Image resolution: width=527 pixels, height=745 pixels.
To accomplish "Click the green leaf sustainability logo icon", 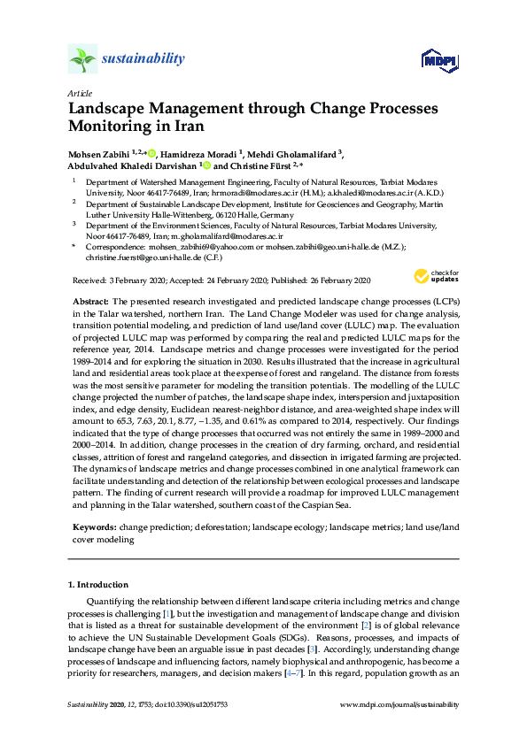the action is (83, 60).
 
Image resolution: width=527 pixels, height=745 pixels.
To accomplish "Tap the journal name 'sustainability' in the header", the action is (143, 59).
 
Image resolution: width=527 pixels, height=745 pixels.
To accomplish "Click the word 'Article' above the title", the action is (79, 92).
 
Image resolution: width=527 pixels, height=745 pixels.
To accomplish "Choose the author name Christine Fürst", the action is (264, 165).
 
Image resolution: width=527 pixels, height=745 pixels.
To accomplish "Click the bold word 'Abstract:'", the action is (90, 303).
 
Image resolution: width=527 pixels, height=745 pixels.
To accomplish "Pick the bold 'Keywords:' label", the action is (94, 526).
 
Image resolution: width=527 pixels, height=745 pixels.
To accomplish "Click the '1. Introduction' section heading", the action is (98, 585).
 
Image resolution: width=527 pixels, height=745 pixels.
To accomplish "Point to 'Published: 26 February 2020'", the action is (317, 280).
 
